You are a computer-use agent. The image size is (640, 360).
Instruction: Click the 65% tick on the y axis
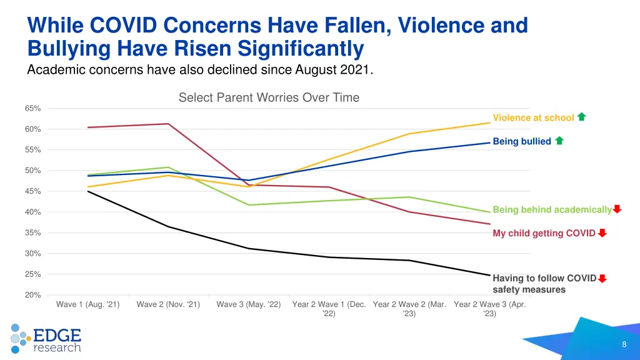[33, 108]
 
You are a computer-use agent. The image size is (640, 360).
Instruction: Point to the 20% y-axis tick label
[33, 295]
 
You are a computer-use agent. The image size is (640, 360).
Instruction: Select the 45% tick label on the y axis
[33, 191]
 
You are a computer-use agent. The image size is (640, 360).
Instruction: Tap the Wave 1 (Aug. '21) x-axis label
[87, 304]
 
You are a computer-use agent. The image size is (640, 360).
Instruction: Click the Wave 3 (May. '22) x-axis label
[249, 304]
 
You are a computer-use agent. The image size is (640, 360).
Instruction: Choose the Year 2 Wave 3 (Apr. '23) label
[490, 309]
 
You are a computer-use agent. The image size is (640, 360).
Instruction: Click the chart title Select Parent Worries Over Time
[269, 97]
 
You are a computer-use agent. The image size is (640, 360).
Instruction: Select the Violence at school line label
[533, 118]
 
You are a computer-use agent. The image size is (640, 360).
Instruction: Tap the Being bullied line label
[522, 141]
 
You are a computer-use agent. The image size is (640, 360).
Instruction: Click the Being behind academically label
[552, 209]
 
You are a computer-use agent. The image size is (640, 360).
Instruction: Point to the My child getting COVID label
[544, 233]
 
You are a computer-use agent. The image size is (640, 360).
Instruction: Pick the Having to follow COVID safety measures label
[544, 284]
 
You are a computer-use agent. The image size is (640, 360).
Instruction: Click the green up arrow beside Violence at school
[582, 117]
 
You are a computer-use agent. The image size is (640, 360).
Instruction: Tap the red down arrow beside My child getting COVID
[602, 233]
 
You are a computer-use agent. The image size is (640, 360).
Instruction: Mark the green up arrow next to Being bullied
[559, 141]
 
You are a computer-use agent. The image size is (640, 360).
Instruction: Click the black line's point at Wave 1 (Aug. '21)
[87, 191]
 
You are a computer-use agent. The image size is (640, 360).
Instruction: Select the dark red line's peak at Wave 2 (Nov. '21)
[168, 124]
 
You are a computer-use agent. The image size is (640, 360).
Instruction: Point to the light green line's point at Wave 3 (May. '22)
[249, 205]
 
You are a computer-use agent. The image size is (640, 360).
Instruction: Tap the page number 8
[624, 345]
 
